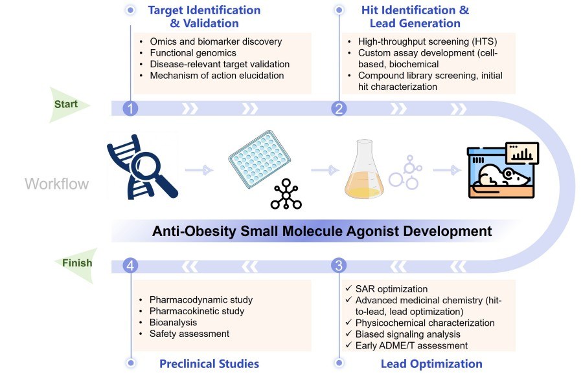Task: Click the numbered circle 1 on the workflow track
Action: tap(131, 108)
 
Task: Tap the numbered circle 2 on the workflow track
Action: tap(338, 108)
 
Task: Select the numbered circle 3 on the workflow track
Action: tap(338, 265)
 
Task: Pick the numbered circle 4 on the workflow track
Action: tap(131, 265)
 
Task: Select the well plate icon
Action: tap(259, 161)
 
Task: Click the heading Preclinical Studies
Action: tap(209, 363)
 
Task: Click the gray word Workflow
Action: tap(56, 184)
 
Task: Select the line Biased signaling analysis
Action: tap(408, 334)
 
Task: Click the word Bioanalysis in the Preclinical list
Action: tap(173, 322)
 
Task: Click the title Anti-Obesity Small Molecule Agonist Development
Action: tap(322, 231)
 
